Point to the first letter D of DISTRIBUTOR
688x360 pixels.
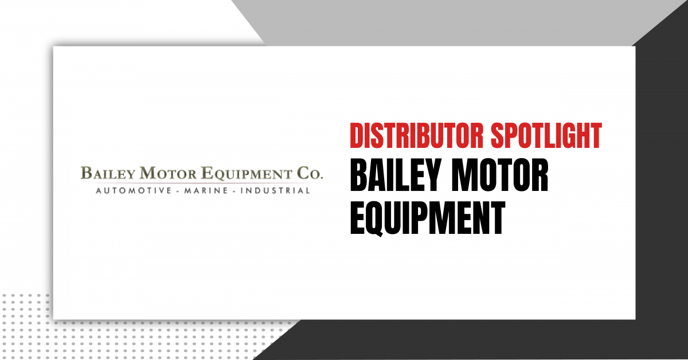tap(356, 135)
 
